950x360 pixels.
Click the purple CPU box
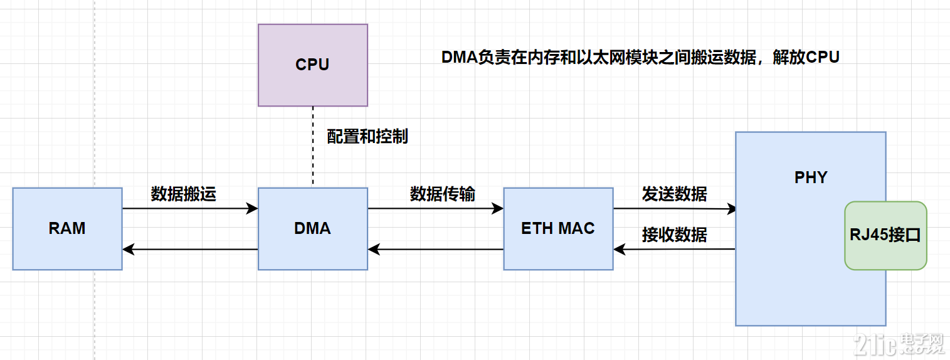(312, 65)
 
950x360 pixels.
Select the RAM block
(67, 228)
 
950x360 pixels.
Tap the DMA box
(312, 228)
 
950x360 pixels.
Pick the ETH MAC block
(558, 228)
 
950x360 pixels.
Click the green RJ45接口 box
(885, 236)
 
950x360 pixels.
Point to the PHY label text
(810, 177)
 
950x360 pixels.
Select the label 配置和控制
(367, 136)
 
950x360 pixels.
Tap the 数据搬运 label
(183, 194)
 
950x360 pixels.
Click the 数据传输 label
(442, 194)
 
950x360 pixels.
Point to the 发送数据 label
(674, 194)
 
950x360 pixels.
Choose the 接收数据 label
(674, 235)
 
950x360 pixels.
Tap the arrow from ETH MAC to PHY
(674, 209)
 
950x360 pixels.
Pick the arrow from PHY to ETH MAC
(674, 249)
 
